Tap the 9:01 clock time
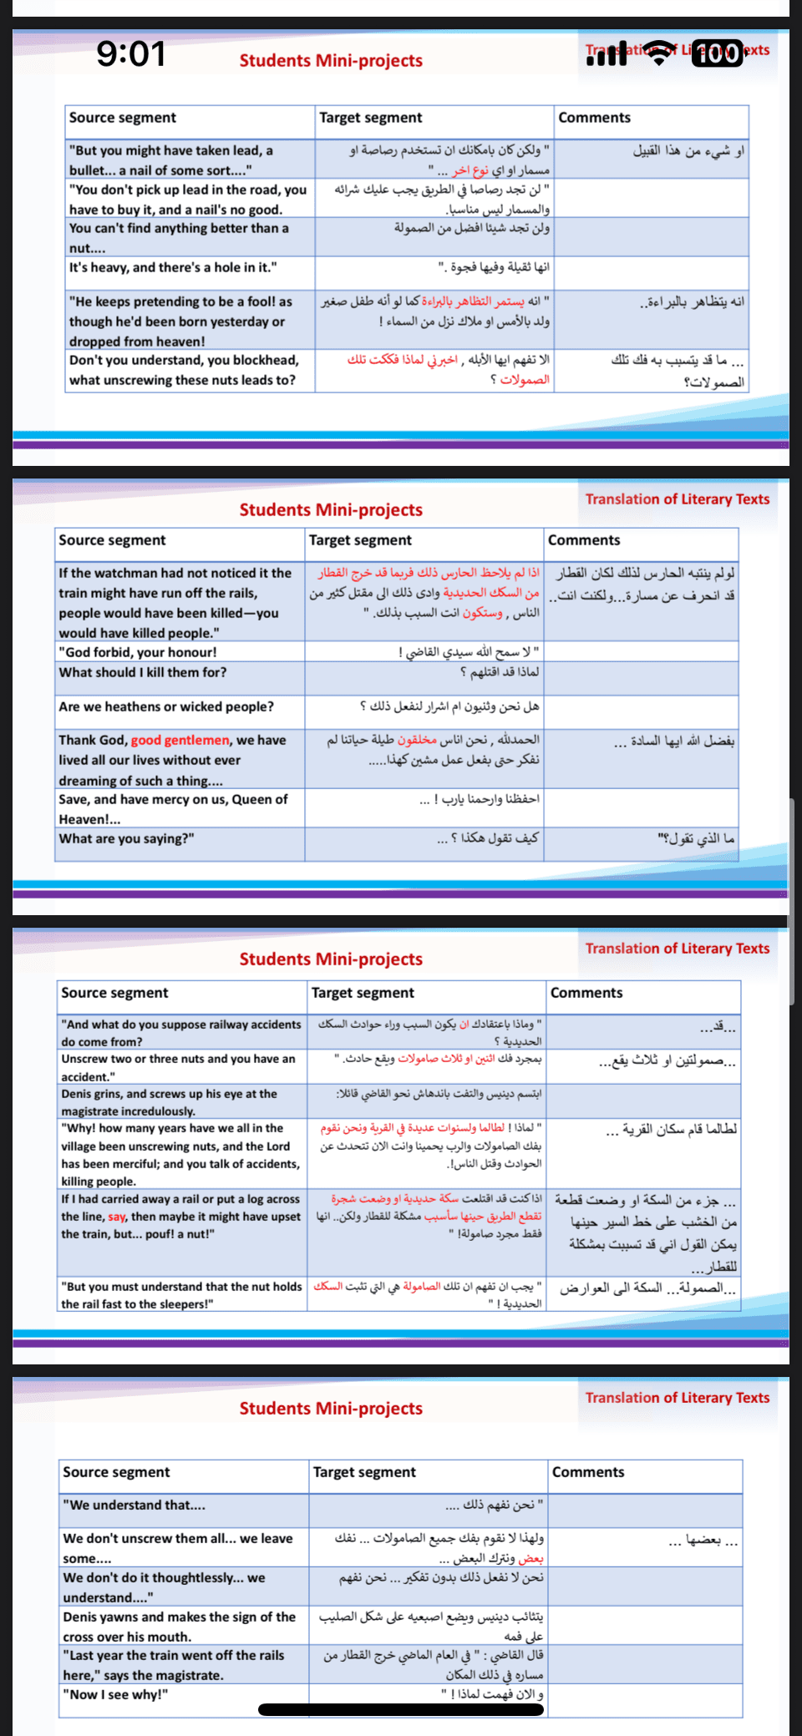pyautogui.click(x=131, y=54)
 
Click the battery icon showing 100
pyautogui.click(x=718, y=53)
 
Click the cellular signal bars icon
pyautogui.click(x=607, y=54)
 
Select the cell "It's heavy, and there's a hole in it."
pyautogui.click(x=173, y=268)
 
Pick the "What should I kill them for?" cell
pyautogui.click(x=142, y=672)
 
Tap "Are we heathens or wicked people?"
pyautogui.click(x=166, y=706)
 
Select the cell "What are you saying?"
pyautogui.click(x=126, y=838)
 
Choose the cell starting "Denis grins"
pyautogui.click(x=169, y=1102)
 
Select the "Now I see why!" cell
pyautogui.click(x=115, y=1694)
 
